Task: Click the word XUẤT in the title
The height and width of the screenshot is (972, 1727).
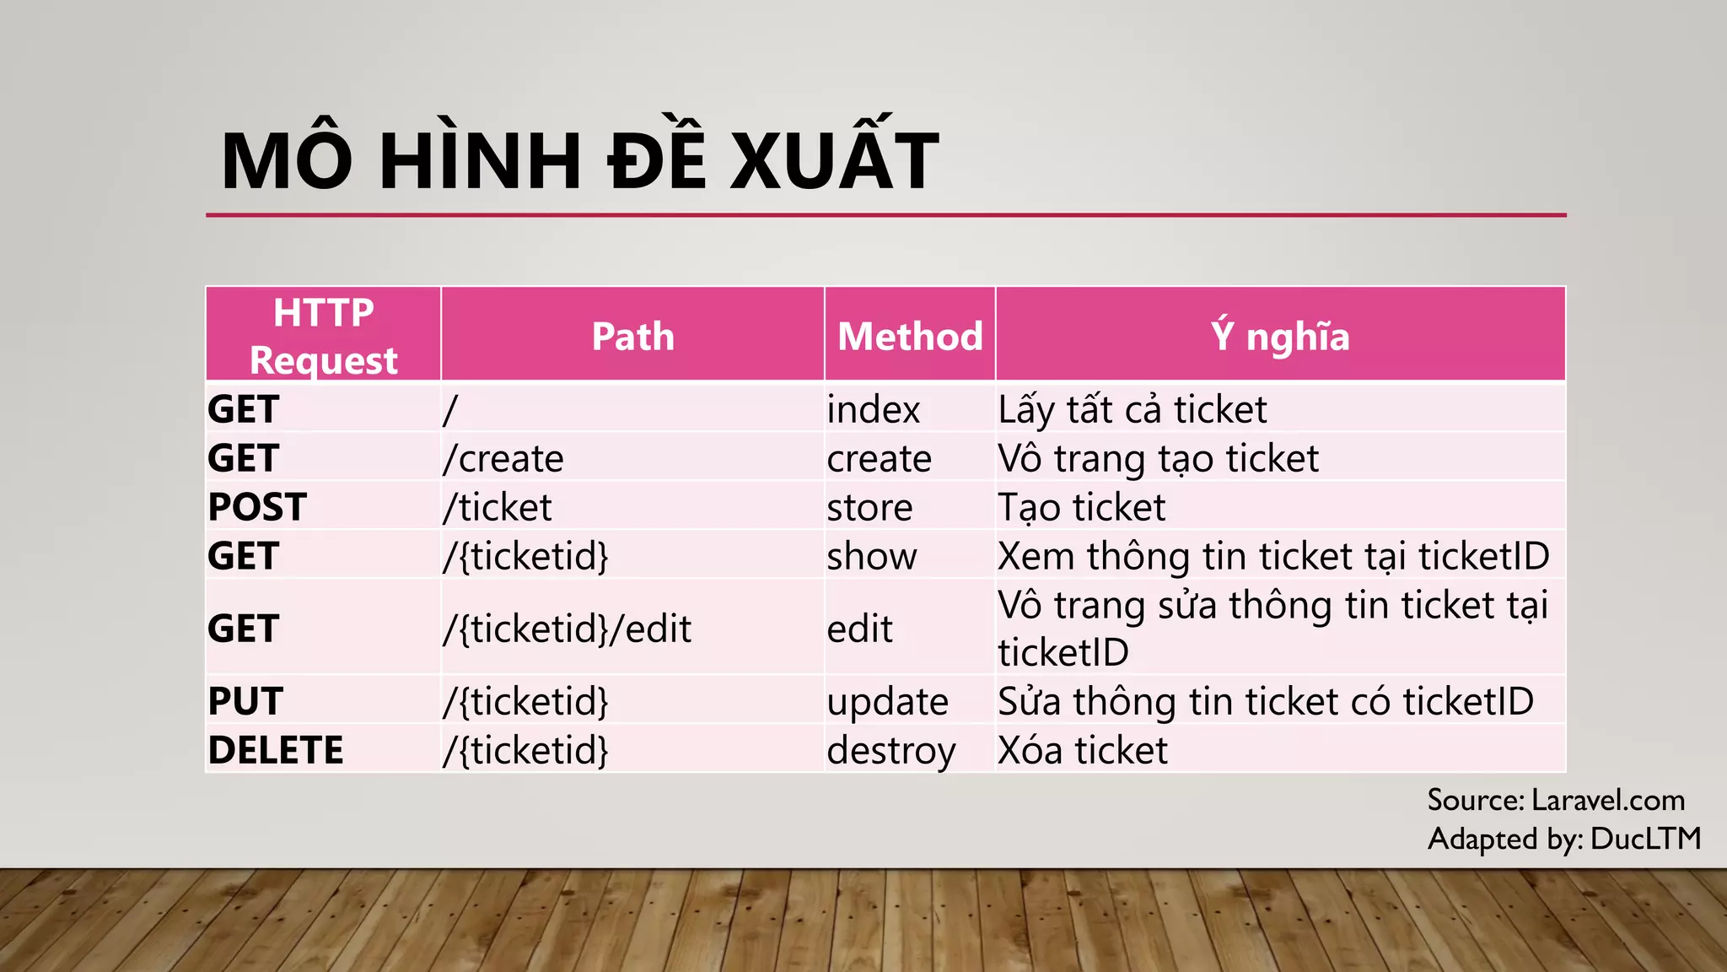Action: (x=834, y=160)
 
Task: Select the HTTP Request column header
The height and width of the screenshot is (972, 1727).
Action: (x=324, y=336)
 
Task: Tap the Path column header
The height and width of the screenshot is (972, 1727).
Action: (x=632, y=336)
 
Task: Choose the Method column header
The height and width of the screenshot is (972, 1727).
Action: (x=910, y=336)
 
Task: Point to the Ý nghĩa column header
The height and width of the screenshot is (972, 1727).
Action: (x=1280, y=336)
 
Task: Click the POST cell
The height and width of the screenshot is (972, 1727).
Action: (x=257, y=507)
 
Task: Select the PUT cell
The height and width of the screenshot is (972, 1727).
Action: (x=245, y=701)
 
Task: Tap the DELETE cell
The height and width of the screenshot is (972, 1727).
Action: (x=276, y=750)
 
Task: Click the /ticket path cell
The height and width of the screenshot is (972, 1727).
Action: (x=498, y=507)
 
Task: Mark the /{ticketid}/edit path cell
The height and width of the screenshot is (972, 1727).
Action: (x=568, y=629)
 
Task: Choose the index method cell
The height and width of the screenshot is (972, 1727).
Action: (x=873, y=410)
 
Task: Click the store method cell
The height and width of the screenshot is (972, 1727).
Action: (x=869, y=507)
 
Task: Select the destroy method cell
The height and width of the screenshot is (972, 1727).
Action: (x=890, y=750)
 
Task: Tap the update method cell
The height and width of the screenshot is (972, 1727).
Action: (x=887, y=701)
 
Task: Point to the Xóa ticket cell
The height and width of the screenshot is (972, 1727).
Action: (x=1083, y=750)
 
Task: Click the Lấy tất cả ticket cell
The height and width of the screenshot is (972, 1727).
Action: (x=1132, y=410)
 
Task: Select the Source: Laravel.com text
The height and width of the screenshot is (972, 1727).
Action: (x=1556, y=799)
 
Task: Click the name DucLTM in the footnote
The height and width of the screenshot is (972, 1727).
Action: (x=1645, y=838)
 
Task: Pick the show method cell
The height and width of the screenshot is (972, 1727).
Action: (x=871, y=556)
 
